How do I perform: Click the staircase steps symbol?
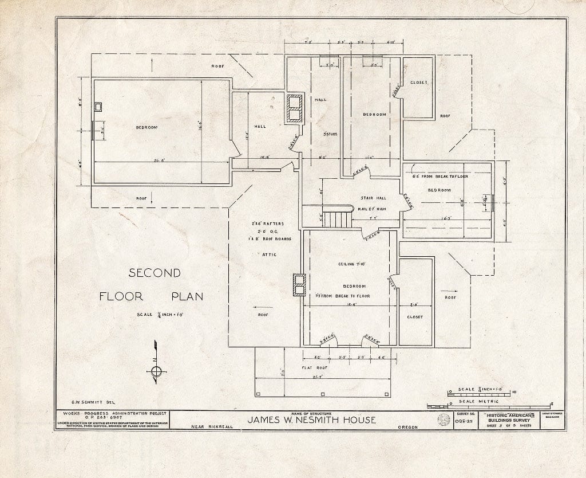click(336, 218)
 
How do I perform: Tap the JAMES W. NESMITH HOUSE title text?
click(311, 420)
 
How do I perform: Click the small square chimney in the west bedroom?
click(98, 107)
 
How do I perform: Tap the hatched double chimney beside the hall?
click(295, 108)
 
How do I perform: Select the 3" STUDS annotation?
click(330, 134)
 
